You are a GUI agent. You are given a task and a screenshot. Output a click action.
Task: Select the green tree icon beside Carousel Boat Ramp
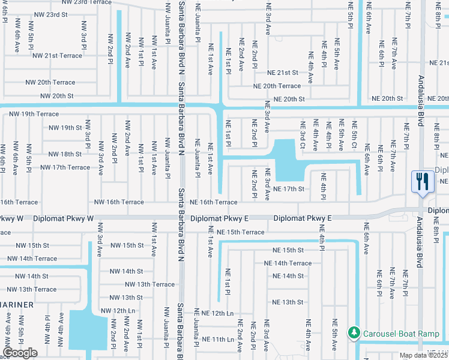coord(354,332)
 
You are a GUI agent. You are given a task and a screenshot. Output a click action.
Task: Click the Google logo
coord(20,353)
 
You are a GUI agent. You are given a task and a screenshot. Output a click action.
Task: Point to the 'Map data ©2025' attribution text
coord(424,355)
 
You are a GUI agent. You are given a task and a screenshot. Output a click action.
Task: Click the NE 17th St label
coord(289,190)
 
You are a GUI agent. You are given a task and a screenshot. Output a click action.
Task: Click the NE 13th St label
coord(288,302)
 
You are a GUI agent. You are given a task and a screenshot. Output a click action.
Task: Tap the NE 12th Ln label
coord(217,313)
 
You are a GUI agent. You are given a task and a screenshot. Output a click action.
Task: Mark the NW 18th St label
coord(65,154)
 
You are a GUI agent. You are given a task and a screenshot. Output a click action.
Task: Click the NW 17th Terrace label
coord(65,167)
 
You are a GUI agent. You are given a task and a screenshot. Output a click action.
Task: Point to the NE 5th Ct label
coord(354,136)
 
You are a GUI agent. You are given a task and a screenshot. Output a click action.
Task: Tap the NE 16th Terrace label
coord(214,203)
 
